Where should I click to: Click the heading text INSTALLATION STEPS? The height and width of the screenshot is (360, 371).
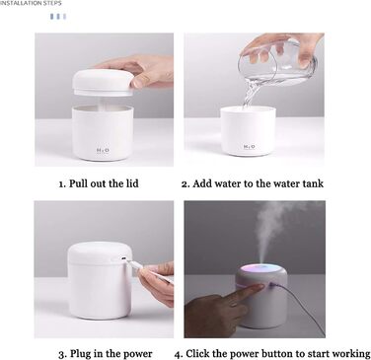pos(31,3)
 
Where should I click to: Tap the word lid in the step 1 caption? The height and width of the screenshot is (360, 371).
pos(132,183)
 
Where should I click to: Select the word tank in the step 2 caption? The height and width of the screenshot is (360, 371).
pos(312,183)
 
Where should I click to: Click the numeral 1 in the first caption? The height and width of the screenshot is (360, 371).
pos(61,184)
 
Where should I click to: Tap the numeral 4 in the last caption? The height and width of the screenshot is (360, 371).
pos(178,354)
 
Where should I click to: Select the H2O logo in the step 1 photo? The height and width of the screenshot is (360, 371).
pos(103,151)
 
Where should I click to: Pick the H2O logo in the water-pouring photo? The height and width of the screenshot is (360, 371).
pos(250,147)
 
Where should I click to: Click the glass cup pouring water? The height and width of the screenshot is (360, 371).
pos(278,62)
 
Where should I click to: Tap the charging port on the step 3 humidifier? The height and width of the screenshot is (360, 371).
pos(123,259)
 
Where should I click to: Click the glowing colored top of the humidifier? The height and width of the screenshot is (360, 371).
pos(260,270)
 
